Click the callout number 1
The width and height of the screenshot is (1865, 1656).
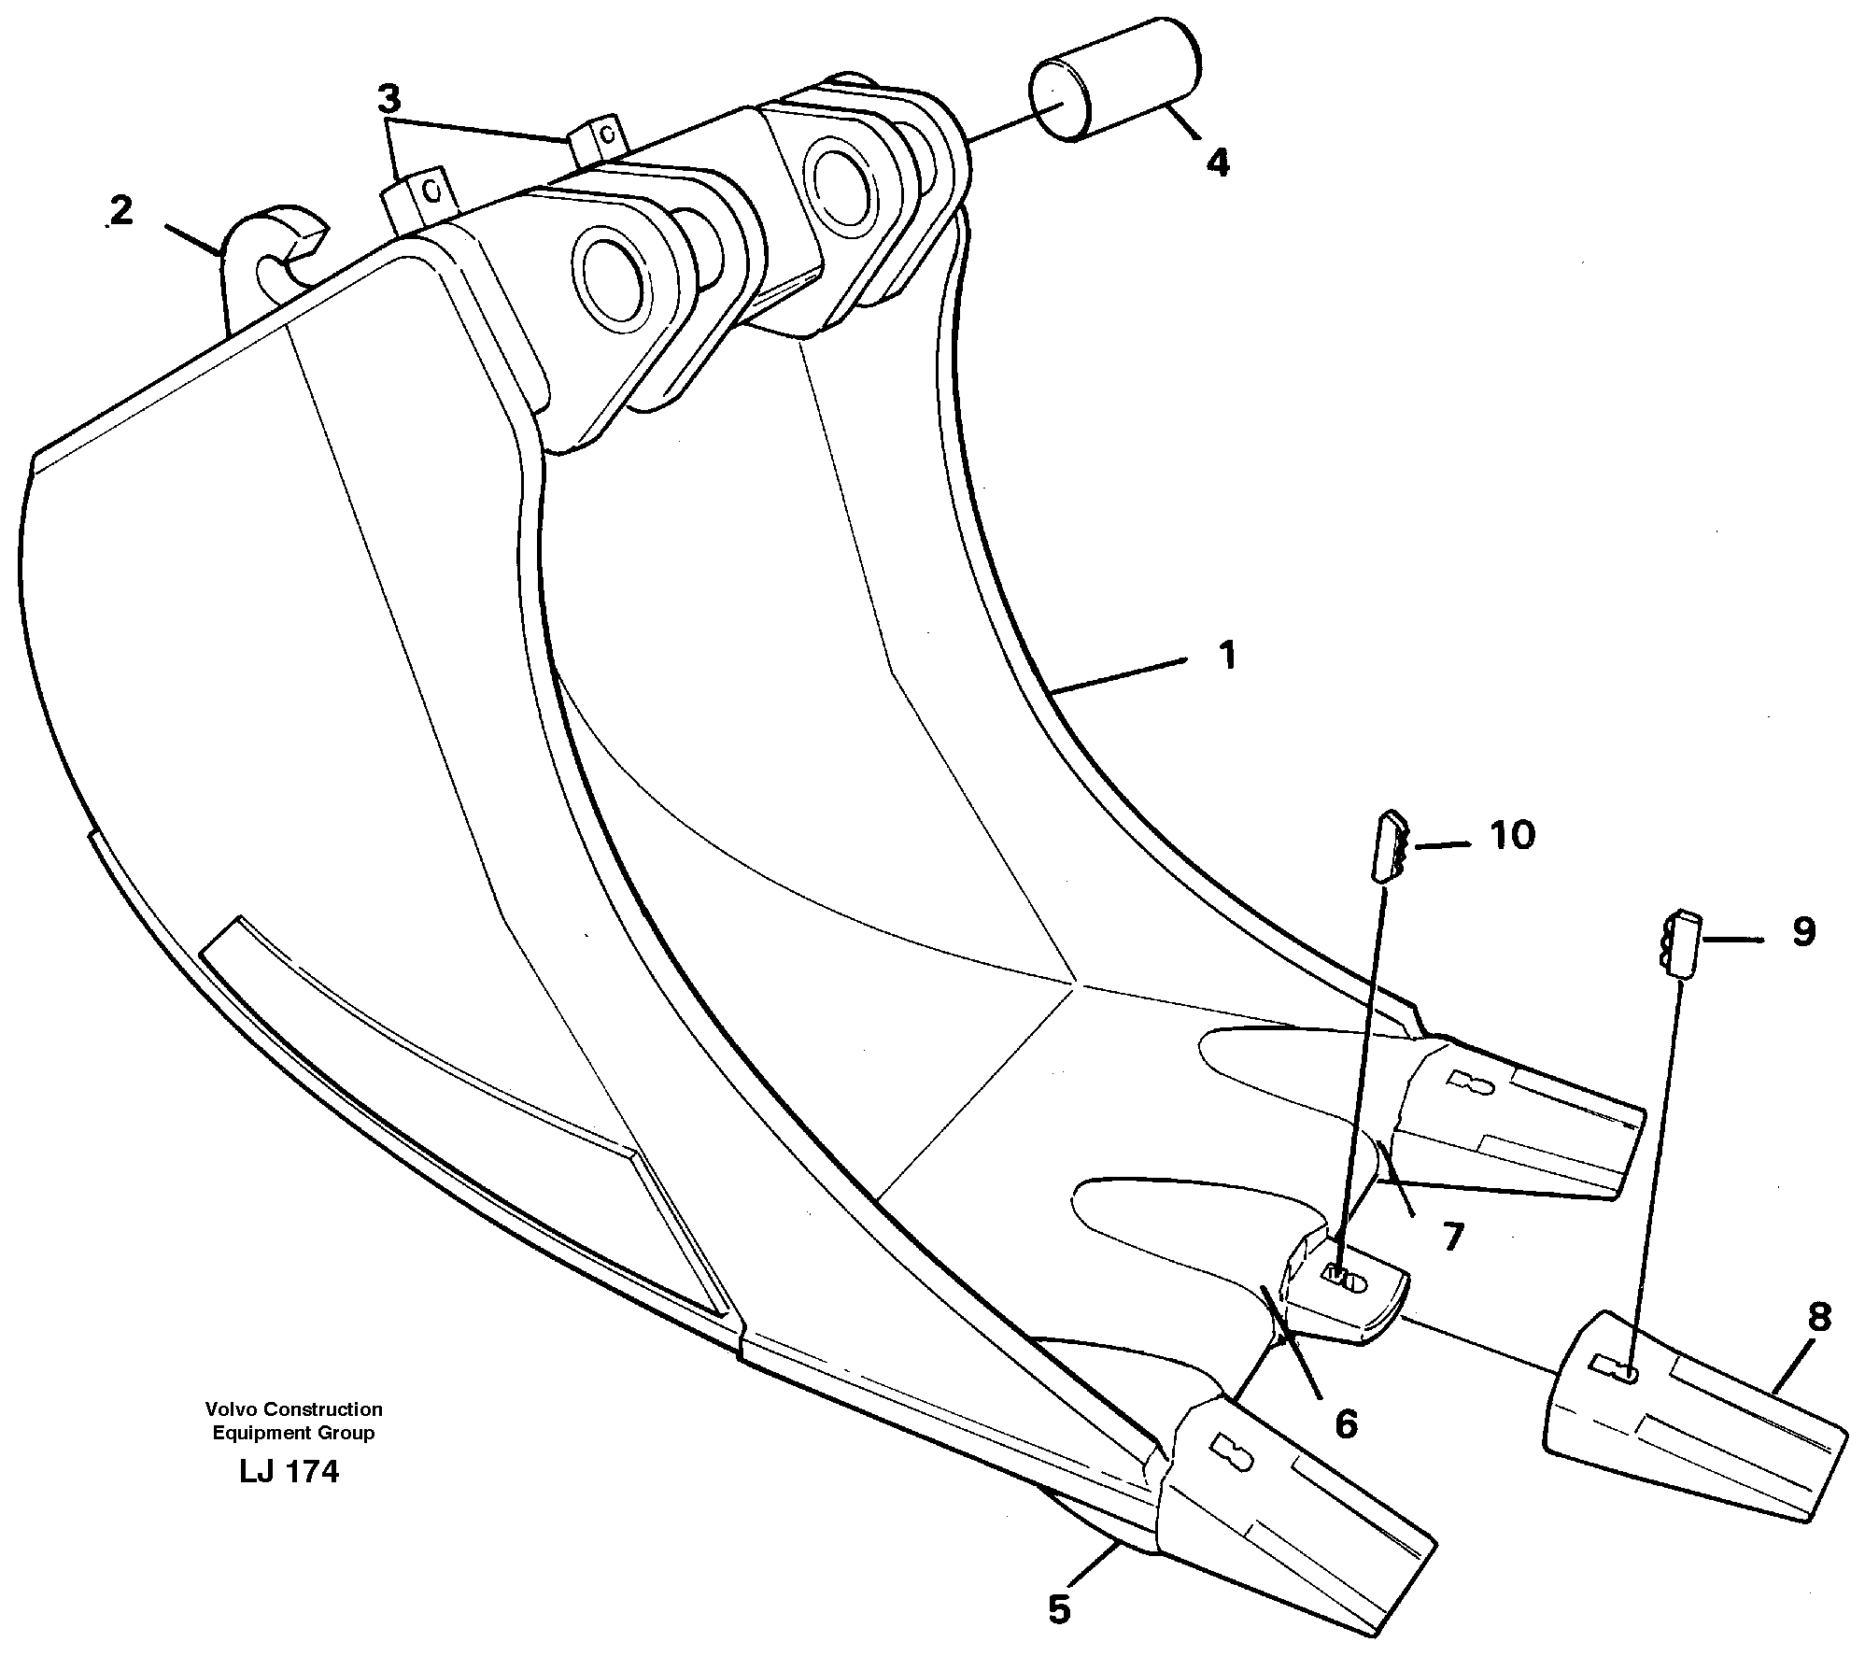(1227, 656)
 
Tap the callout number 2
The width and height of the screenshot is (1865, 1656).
(121, 212)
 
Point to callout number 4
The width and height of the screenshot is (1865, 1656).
(1217, 163)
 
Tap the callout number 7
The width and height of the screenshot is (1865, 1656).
(1451, 1237)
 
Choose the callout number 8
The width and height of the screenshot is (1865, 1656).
(1817, 1318)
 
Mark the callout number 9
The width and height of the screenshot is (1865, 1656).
(1802, 931)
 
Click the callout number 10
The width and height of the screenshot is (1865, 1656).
(1512, 834)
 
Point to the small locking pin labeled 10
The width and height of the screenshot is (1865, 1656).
(1389, 846)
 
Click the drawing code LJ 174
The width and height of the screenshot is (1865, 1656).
(289, 1472)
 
